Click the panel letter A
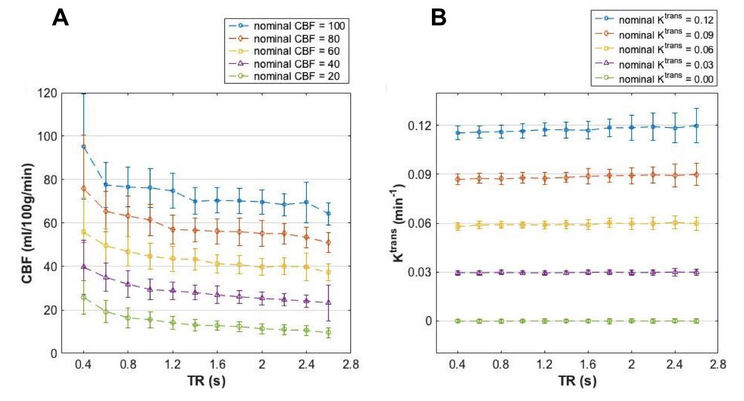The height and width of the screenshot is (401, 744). (x=61, y=18)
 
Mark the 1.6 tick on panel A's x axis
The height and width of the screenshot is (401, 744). (x=216, y=365)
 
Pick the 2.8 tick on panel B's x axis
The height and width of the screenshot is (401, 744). (x=719, y=365)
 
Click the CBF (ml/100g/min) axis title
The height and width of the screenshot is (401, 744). (x=30, y=223)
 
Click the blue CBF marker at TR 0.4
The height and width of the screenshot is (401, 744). (x=84, y=146)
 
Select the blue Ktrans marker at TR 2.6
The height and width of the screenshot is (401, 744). (x=696, y=126)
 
